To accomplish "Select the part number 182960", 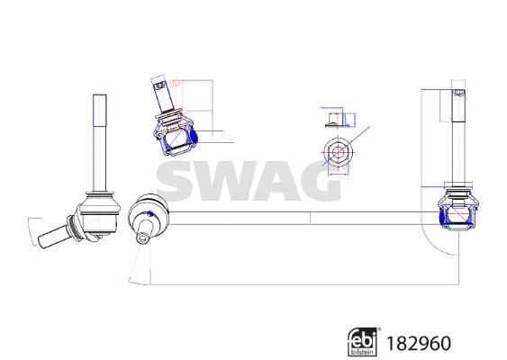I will (x=418, y=343).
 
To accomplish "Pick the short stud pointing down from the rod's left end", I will (x=143, y=236).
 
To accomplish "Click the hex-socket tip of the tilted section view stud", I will (x=159, y=88).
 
